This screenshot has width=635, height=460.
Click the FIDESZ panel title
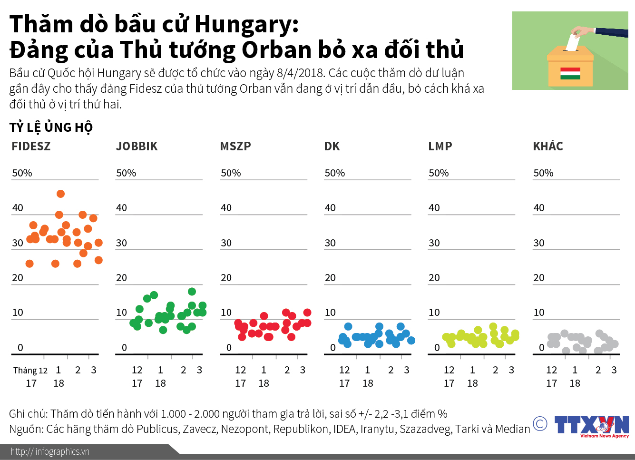(31, 146)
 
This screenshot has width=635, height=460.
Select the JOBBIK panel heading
(137, 146)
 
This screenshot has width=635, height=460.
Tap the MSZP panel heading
(235, 146)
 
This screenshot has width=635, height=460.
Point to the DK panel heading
(332, 146)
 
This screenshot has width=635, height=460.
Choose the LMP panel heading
(440, 146)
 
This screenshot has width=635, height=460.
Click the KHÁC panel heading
(547, 146)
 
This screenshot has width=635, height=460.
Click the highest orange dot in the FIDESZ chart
(60, 194)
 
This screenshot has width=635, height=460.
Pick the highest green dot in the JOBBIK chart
(192, 292)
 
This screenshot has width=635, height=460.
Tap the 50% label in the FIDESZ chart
(22, 173)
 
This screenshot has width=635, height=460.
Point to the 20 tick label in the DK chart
(330, 278)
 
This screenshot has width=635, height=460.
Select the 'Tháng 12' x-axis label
(30, 371)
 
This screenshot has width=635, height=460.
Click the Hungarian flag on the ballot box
(570, 73)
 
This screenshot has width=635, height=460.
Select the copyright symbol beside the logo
(540, 423)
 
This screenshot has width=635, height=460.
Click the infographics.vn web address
(50, 451)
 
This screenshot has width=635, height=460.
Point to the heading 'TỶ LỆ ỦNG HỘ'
(51, 127)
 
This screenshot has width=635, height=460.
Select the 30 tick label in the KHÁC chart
(538, 243)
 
